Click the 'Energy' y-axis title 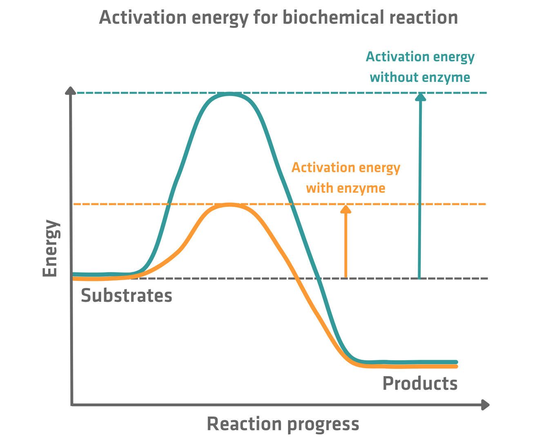point(51,248)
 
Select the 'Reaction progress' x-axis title point(283,424)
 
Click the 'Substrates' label point(126,295)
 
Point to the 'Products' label point(419,383)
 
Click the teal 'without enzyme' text point(420,77)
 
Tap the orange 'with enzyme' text point(345,188)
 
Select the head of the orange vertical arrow point(346,208)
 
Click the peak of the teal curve point(230,94)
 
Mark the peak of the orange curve point(229,205)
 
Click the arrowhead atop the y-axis point(71,90)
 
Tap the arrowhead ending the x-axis point(486,405)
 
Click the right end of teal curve point(456,362)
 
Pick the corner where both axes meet point(72,405)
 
